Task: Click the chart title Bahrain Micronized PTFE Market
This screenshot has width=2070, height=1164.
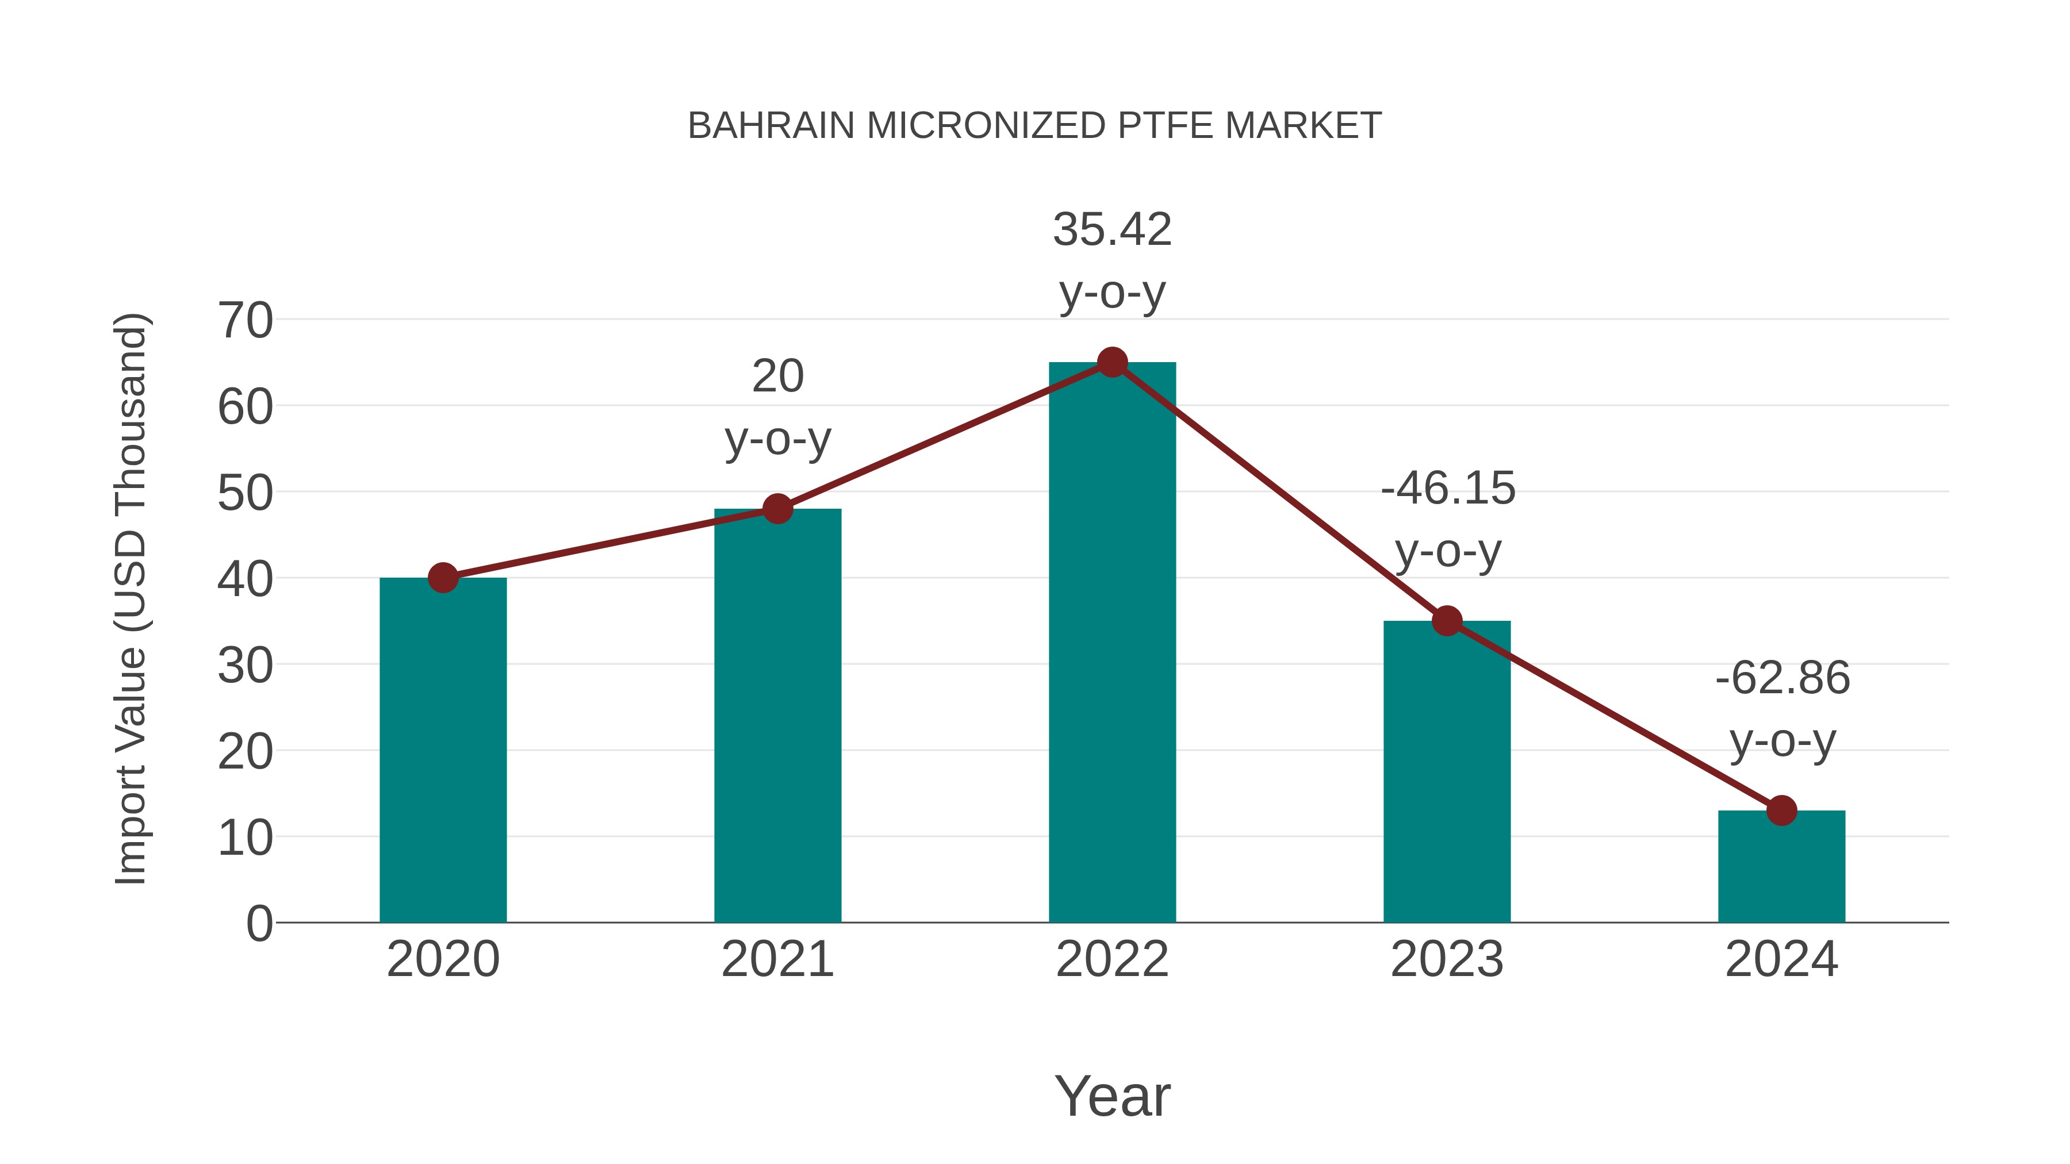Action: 1034,126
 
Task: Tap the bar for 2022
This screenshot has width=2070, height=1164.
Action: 1112,643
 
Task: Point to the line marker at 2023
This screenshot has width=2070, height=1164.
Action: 1447,621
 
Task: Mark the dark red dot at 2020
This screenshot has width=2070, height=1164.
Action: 443,578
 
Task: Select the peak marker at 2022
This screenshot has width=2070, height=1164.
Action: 1112,362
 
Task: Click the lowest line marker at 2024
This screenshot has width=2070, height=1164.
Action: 1781,810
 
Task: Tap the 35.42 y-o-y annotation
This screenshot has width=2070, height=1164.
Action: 1112,260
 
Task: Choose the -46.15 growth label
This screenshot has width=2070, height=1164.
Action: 1447,519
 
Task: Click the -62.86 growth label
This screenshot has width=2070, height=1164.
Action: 1782,709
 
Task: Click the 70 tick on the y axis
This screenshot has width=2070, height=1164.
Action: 245,321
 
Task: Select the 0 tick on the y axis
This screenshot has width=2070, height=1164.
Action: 259,923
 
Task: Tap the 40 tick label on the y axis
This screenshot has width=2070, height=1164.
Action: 245,579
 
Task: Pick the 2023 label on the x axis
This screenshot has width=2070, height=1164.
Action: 1447,959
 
